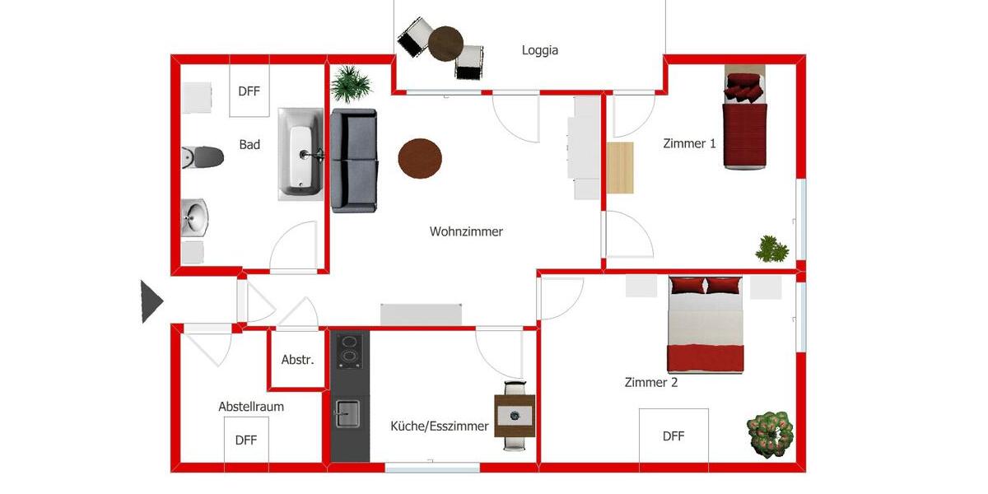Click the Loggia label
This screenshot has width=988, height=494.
pos(539,50)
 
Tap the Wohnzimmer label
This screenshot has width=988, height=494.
pos(466,231)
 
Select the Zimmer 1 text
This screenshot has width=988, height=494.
pos(689,143)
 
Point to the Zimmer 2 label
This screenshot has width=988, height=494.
pos(650,382)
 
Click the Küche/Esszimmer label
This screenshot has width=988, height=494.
pos(439,426)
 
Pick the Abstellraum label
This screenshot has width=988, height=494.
pos(251,407)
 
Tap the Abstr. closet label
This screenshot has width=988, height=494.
pos(297,360)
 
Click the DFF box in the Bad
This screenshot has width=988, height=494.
pos(249,91)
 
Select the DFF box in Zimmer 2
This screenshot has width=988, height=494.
pos(673,436)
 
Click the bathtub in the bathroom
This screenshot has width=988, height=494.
pos(301,153)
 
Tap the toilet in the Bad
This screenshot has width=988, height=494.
pos(203,156)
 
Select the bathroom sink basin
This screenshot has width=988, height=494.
pos(195,218)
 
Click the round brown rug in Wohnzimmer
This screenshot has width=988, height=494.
pos(420,158)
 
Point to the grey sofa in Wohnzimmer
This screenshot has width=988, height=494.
pos(354,161)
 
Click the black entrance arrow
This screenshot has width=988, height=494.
pos(151,301)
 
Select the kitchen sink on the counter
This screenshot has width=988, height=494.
pos(347,412)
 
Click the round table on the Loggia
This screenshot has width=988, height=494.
pos(445,43)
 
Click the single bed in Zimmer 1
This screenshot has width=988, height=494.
pos(745,123)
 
